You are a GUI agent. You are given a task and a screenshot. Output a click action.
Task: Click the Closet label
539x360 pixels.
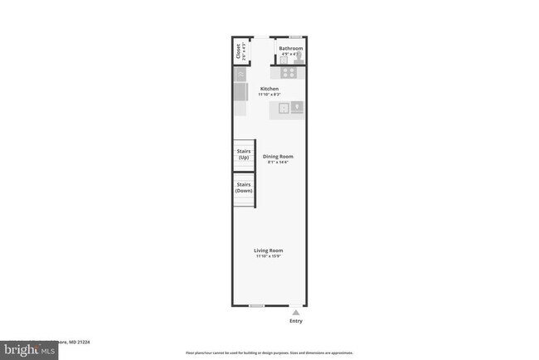tap(239, 51)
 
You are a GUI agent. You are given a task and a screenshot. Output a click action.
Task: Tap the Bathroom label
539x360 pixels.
tap(290, 48)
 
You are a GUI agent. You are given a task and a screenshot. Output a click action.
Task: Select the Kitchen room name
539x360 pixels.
tap(269, 89)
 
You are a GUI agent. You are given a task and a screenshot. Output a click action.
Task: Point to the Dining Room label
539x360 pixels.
tap(278, 156)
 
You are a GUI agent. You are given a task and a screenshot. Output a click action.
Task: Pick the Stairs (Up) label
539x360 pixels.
tap(244, 154)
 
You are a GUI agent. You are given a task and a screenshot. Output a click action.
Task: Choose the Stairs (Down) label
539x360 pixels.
tap(244, 187)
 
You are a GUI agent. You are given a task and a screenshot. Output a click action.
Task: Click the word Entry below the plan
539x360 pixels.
tap(295, 320)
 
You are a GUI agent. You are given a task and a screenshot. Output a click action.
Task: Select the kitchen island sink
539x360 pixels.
tap(284, 107)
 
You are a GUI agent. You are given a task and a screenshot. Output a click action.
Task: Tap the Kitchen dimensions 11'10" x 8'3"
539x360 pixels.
tap(269, 95)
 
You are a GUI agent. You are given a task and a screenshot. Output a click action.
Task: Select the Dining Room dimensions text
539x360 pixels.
tap(277, 162)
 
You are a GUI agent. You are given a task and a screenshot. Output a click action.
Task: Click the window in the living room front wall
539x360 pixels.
tap(257, 306)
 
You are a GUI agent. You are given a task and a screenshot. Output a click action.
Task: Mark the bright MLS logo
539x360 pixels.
tap(30, 351)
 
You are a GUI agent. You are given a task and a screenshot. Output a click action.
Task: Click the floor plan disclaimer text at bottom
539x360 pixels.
tap(269, 353)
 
